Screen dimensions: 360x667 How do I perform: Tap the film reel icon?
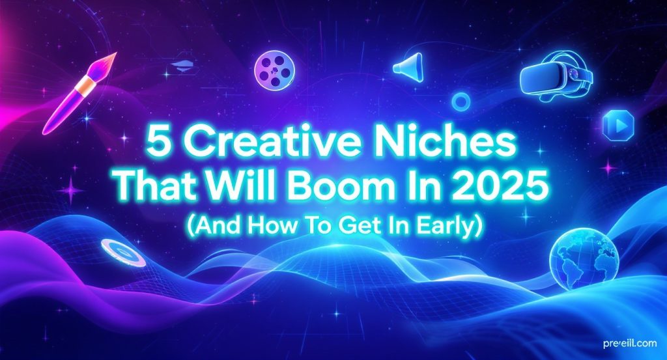point(273,66)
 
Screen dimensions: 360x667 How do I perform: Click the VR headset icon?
point(557,77)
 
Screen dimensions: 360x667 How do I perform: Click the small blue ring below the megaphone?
point(461,100)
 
